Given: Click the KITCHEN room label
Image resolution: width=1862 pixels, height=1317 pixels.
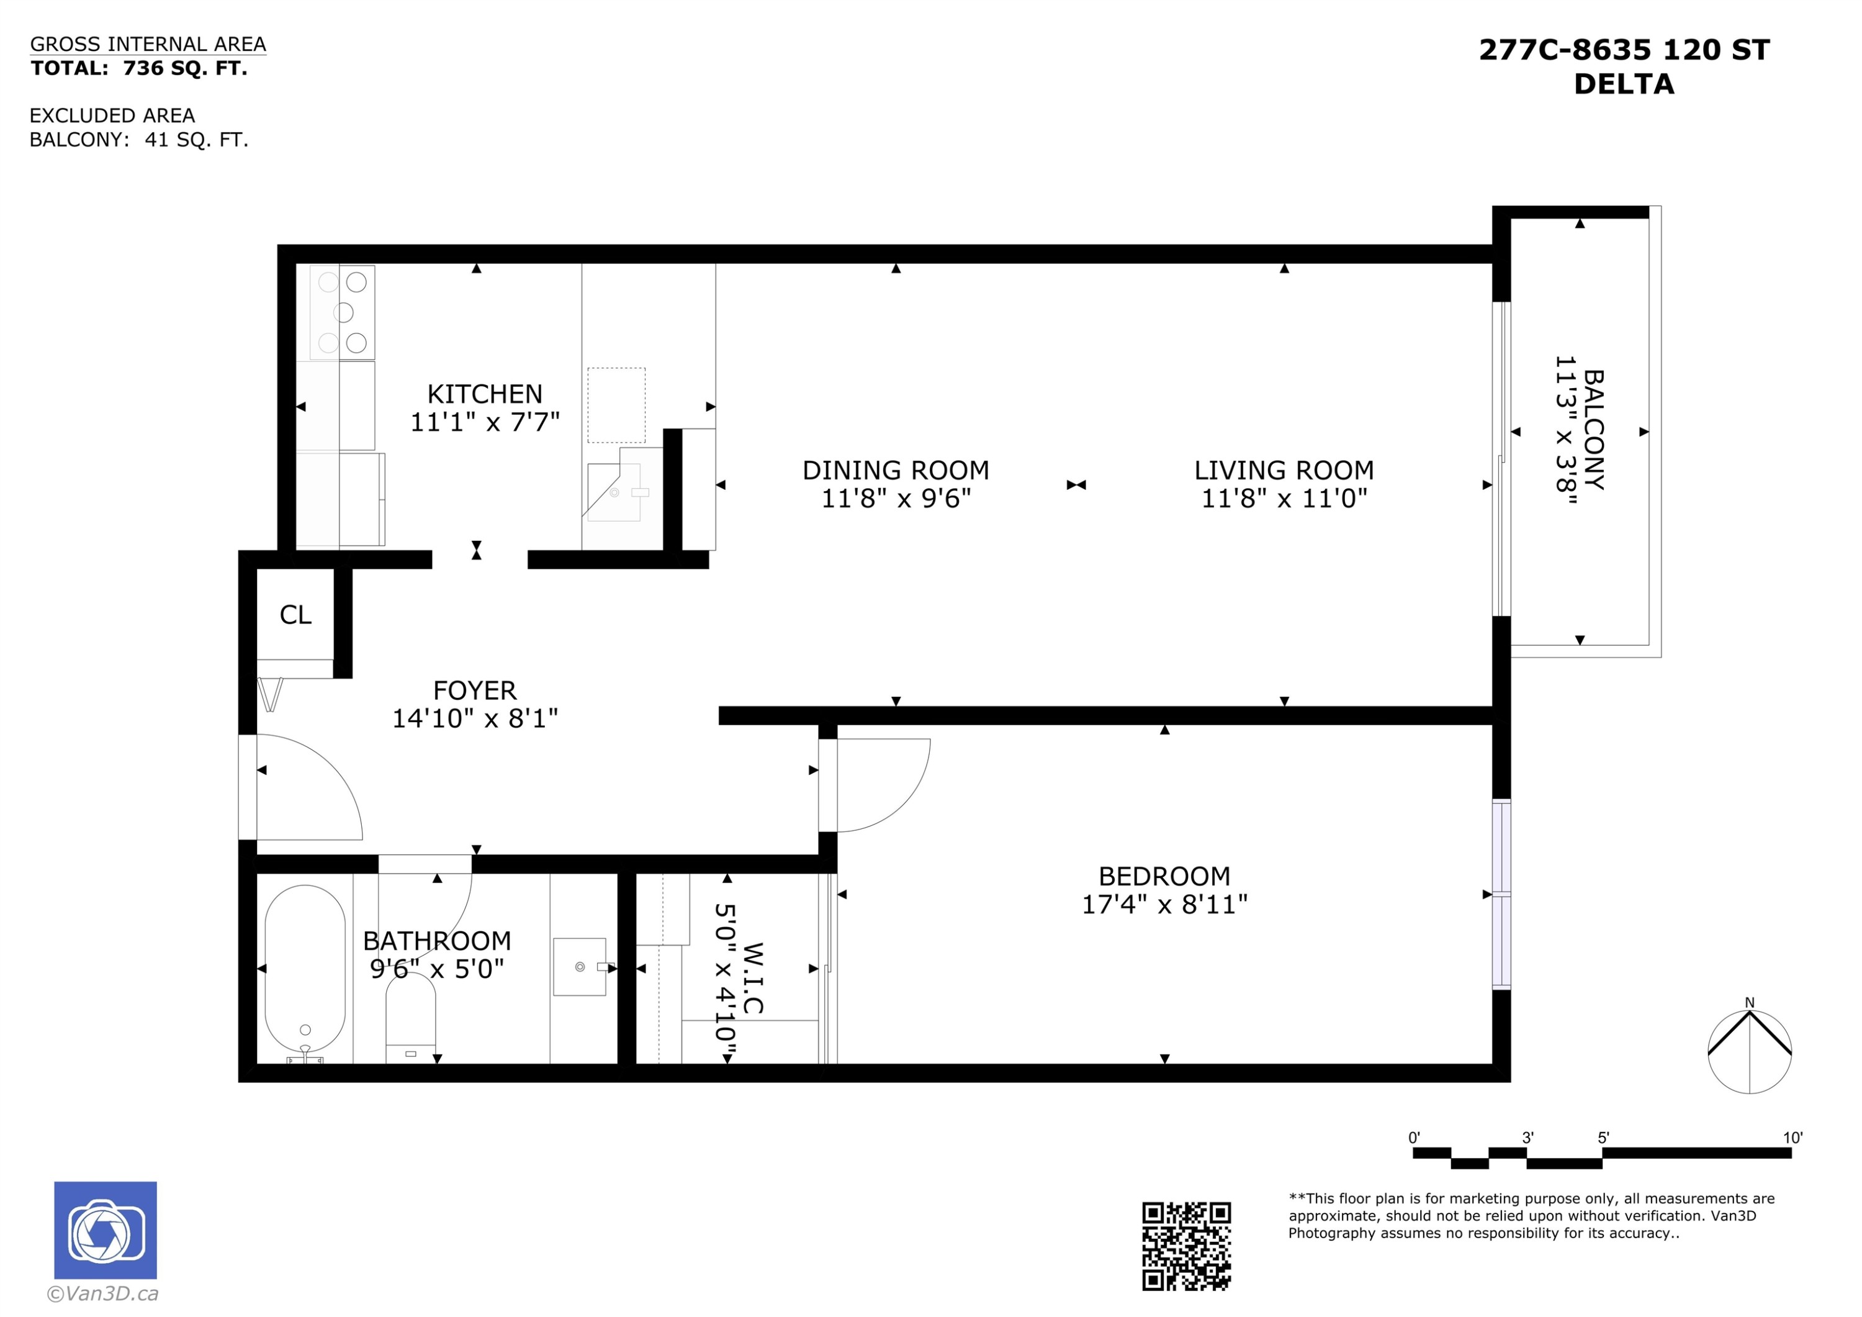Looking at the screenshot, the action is point(484,394).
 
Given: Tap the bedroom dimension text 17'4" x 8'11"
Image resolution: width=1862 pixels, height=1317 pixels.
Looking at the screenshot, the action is point(1164,904).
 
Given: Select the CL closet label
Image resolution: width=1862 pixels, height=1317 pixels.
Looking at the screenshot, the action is point(295,615).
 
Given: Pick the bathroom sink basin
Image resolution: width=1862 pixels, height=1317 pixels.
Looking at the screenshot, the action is point(580,966).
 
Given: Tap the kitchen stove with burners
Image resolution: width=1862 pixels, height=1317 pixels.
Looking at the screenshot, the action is point(342,312).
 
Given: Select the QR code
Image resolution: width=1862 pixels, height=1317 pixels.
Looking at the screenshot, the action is point(1187,1246).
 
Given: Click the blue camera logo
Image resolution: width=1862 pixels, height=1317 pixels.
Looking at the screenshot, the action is point(106,1230).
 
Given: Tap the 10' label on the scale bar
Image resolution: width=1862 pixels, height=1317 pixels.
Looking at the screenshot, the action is point(1792,1138).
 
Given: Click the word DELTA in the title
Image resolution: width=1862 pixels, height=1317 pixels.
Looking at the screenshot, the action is point(1624,84).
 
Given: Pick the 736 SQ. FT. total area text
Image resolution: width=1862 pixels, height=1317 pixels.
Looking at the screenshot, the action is point(185,68).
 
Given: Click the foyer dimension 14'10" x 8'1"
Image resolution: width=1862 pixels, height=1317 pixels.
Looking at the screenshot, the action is point(475,718).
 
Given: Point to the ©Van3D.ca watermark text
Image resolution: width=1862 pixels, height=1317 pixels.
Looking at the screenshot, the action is point(103,1294).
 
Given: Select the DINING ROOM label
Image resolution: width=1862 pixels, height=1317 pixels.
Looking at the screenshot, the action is point(896,471).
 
